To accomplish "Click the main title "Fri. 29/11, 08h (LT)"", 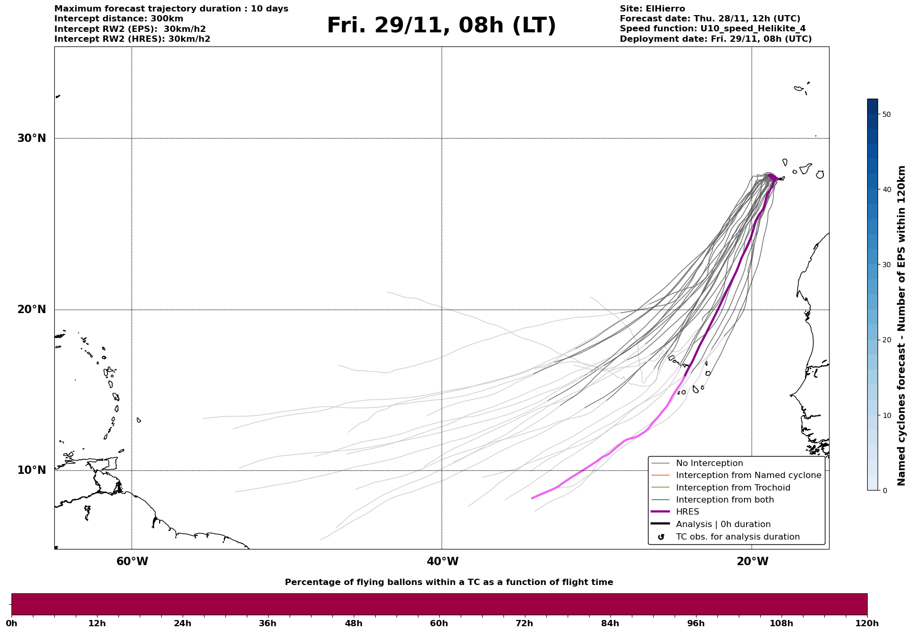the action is (x=441, y=26).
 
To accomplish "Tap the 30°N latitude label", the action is (x=32, y=138).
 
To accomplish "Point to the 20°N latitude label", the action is (x=32, y=309).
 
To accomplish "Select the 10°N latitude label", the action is (x=32, y=470).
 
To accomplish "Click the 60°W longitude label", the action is (x=132, y=562).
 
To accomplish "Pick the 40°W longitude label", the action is (x=442, y=562).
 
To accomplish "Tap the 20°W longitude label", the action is (x=752, y=562).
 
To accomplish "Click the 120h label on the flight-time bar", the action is (x=867, y=623).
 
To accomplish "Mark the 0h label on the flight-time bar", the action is (x=11, y=623).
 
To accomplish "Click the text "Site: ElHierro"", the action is (x=652, y=9).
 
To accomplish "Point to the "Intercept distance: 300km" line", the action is (x=119, y=19).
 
